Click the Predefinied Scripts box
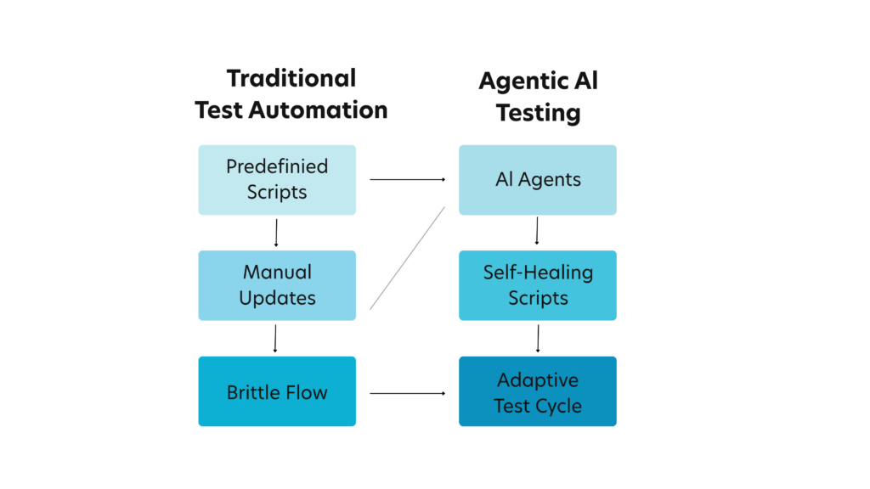pyautogui.click(x=277, y=179)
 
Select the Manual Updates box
pyautogui.click(x=277, y=285)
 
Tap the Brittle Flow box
pyautogui.click(x=277, y=391)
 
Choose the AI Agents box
pyautogui.click(x=538, y=179)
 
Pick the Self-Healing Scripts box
pyautogui.click(x=538, y=285)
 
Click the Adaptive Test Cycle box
pyautogui.click(x=538, y=391)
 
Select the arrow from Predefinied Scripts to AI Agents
pyautogui.click(x=408, y=179)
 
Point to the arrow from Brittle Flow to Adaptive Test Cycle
pyautogui.click(x=408, y=393)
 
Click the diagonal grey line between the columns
pyautogui.click(x=408, y=257)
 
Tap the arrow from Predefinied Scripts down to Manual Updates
pyautogui.click(x=276, y=233)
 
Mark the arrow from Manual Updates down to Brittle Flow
pyautogui.click(x=276, y=339)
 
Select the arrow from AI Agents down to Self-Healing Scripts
pyautogui.click(x=537, y=232)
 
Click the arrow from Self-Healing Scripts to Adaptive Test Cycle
pyautogui.click(x=537, y=339)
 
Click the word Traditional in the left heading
pyautogui.click(x=291, y=79)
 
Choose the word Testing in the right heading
pyautogui.click(x=538, y=112)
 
